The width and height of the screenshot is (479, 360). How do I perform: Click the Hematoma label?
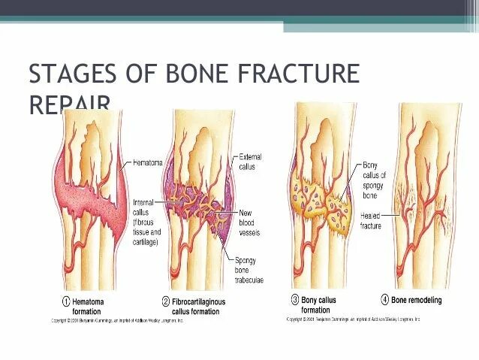[x=148, y=162]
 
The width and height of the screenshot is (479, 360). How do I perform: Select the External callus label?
[x=251, y=162]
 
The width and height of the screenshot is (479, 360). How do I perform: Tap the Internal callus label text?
[x=146, y=222]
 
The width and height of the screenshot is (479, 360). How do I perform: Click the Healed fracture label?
[x=372, y=220]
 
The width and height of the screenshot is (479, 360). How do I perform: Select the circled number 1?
[x=65, y=301]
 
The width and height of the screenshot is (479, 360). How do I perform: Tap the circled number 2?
[x=165, y=301]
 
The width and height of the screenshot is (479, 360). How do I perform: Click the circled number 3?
[x=295, y=300]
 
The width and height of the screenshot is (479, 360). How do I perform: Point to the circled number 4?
[x=384, y=300]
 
